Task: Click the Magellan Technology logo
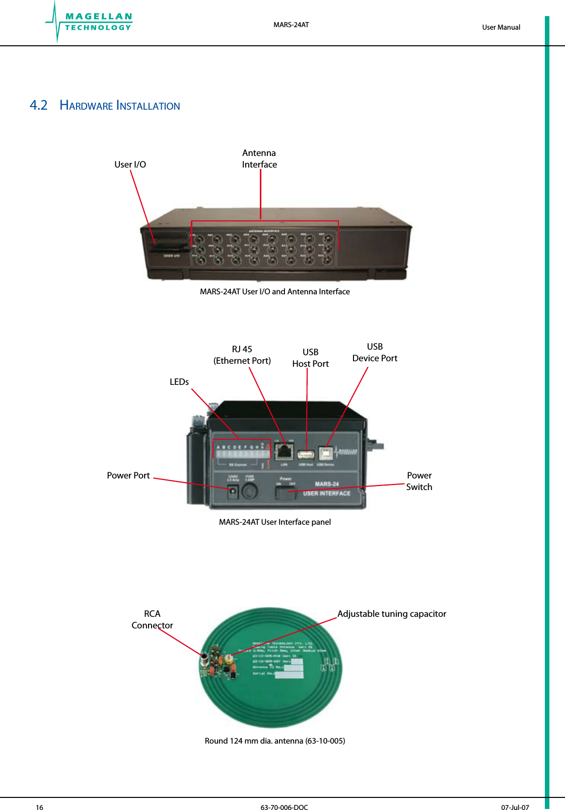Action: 90,22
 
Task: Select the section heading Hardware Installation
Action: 119,106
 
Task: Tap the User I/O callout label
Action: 130,165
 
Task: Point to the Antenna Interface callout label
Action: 259,159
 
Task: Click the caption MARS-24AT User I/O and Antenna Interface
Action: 274,292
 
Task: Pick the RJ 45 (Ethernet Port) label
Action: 242,355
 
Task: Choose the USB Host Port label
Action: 310,358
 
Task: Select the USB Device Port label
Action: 375,353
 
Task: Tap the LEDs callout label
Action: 179,382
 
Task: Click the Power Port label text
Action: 128,475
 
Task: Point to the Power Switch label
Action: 419,481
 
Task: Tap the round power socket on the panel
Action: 233,494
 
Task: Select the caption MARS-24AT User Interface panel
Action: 274,522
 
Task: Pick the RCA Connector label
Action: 152,620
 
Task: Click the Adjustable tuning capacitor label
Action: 392,614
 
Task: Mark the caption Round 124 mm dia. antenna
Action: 274,741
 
